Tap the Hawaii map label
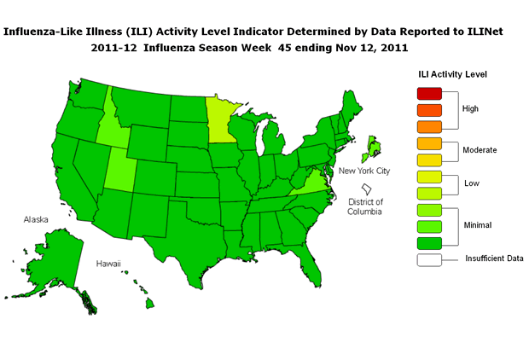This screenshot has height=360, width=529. point(108,264)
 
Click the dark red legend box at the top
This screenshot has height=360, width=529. point(429,93)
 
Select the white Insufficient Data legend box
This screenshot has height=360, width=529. point(429,258)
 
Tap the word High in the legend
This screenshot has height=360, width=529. point(470,109)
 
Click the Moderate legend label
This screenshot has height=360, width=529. point(479,150)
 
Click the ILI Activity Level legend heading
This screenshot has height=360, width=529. point(452,74)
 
